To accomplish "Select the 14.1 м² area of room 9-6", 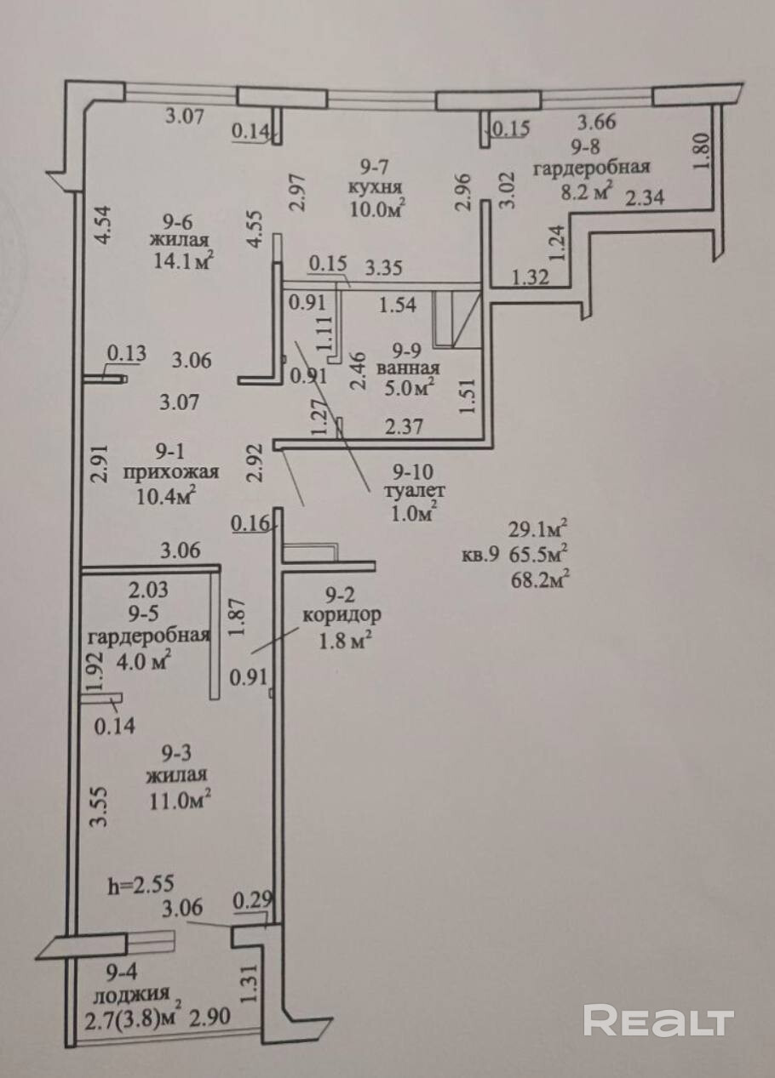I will (x=180, y=260).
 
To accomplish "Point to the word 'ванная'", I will (x=410, y=368).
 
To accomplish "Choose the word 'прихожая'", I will (x=171, y=472).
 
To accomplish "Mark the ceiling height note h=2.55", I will (x=146, y=885).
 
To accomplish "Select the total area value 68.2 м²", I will (x=539, y=579).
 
